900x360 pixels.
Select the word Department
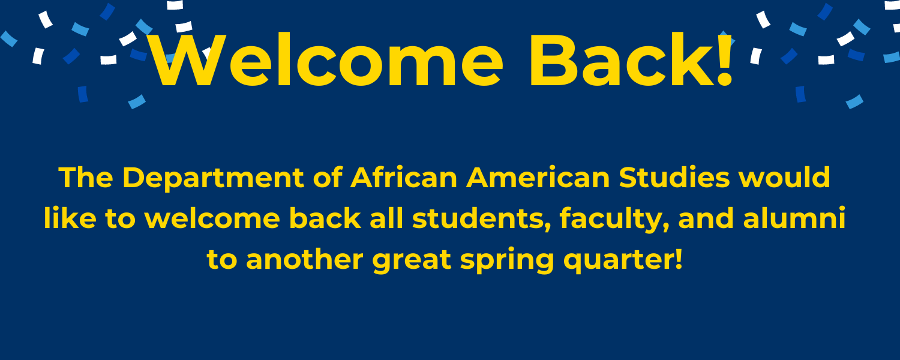(213, 178)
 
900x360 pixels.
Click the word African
(404, 177)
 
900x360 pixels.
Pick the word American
(538, 177)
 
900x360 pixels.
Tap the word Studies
(674, 177)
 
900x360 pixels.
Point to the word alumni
(794, 218)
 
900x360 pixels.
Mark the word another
(305, 259)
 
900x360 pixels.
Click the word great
(412, 262)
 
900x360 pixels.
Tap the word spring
(507, 262)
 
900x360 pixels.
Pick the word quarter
(619, 262)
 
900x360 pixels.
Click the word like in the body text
(70, 218)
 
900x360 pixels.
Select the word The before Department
(86, 177)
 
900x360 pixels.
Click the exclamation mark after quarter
(679, 259)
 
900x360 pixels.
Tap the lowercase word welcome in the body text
(212, 218)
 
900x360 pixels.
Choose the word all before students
(386, 218)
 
